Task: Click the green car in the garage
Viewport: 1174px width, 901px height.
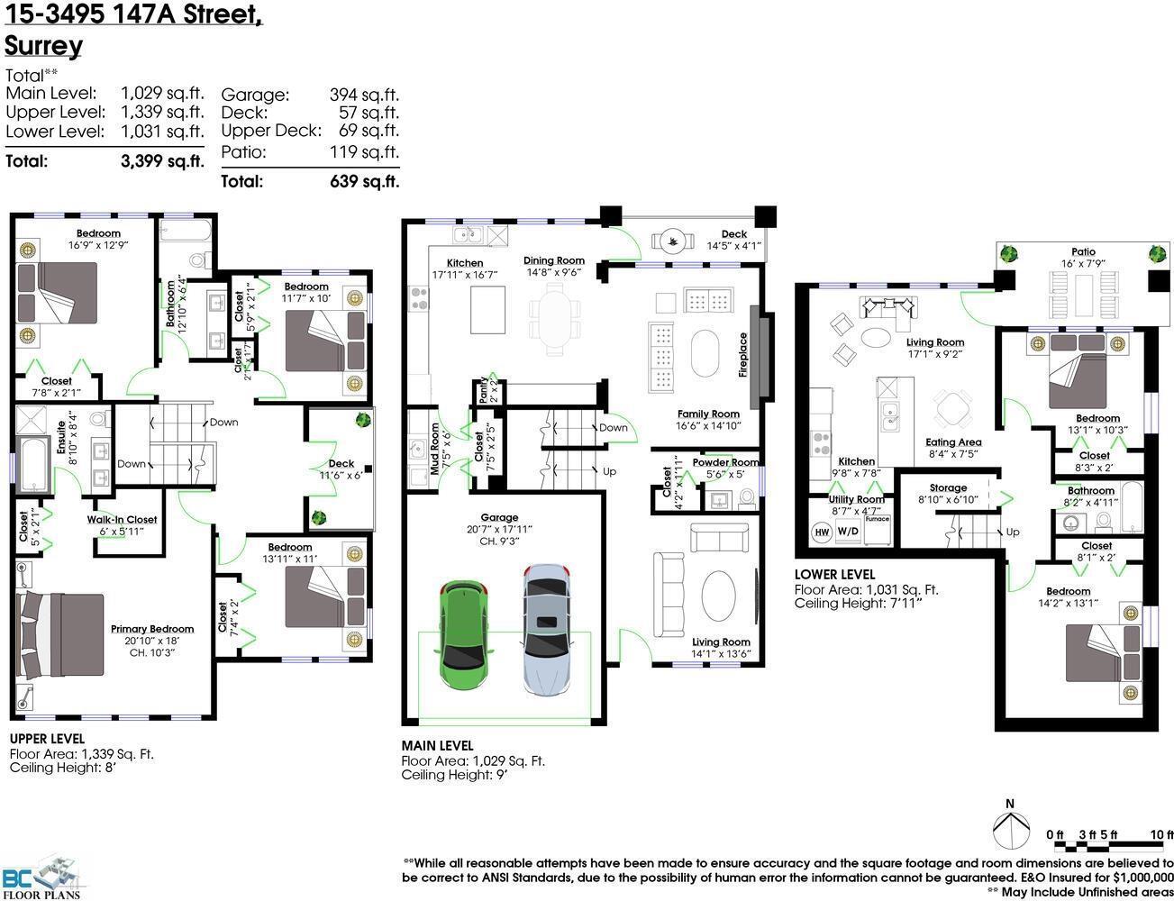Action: [462, 634]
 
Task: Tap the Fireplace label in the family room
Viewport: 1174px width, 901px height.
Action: [743, 355]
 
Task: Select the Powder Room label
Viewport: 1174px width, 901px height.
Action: [725, 462]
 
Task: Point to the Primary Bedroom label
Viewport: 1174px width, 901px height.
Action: [152, 629]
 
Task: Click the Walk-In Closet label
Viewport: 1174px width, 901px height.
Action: [122, 519]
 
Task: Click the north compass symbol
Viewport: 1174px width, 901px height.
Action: [1011, 828]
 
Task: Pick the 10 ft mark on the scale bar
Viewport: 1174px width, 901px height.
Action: [1162, 835]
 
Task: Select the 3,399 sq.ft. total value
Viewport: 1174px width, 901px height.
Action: [162, 161]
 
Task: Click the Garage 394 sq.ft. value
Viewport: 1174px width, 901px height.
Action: [364, 95]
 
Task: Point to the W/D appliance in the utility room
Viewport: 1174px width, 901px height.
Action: [848, 532]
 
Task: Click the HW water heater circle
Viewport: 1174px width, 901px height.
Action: [822, 532]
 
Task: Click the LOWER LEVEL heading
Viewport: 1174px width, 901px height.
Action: [834, 574]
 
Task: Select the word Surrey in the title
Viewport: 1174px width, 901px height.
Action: [43, 45]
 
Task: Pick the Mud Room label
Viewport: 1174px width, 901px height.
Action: [435, 449]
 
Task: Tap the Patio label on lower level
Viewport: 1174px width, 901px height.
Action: [1083, 252]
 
